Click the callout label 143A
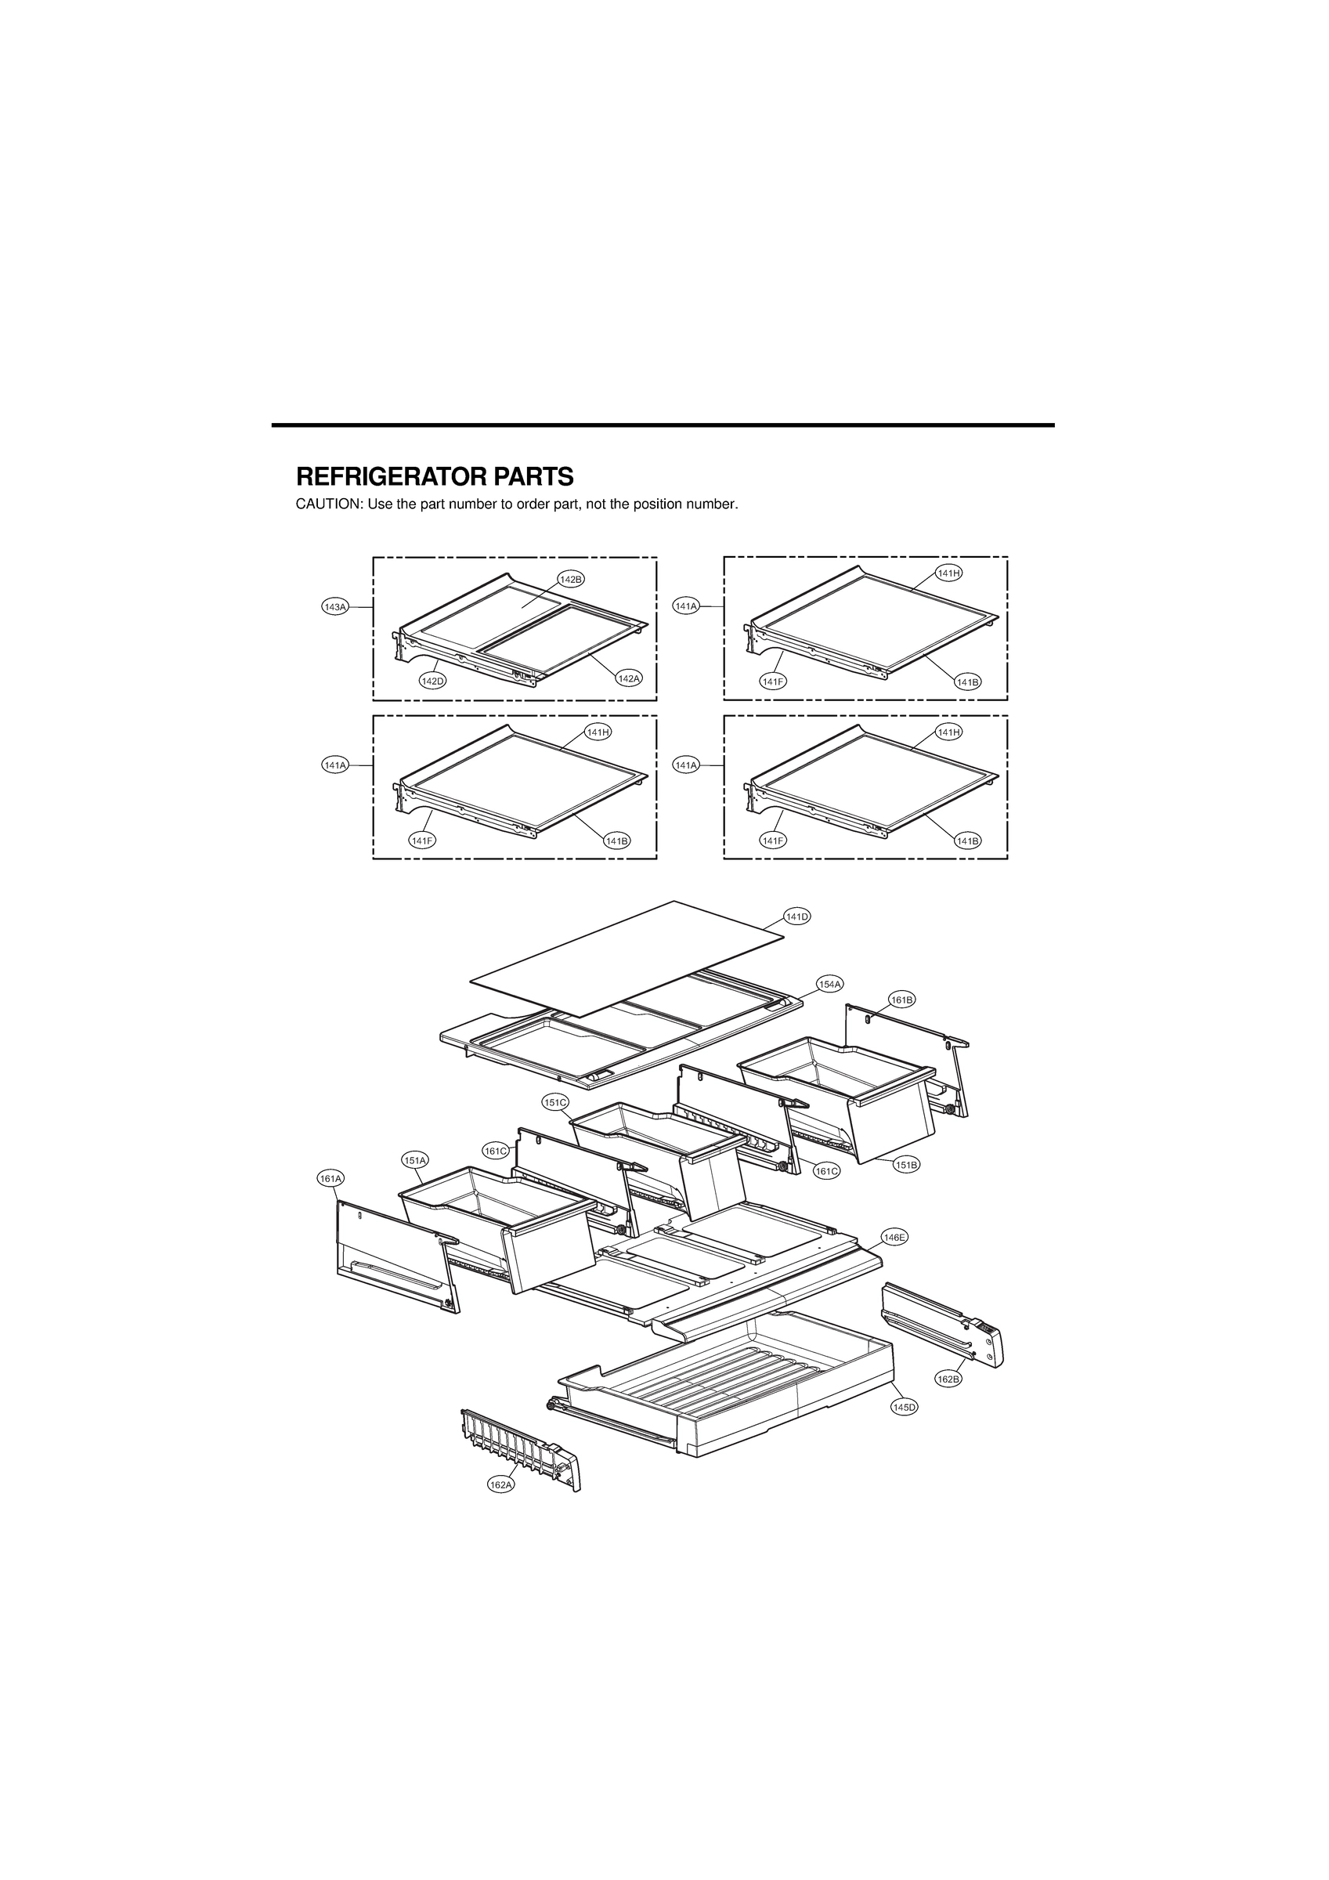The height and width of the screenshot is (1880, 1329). [x=335, y=607]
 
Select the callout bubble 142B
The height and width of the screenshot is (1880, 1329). [x=571, y=580]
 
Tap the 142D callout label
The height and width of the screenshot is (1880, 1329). [x=432, y=681]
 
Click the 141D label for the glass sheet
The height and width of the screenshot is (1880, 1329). [x=796, y=916]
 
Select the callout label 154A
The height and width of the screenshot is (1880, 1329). [x=829, y=984]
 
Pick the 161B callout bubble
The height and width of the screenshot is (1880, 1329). [x=901, y=999]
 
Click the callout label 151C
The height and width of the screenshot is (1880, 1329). [x=555, y=1102]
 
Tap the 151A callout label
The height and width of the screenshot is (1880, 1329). [x=414, y=1160]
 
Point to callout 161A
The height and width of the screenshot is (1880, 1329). [x=330, y=1178]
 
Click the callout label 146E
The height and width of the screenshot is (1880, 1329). [x=894, y=1260]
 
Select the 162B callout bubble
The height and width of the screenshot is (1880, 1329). [x=948, y=1379]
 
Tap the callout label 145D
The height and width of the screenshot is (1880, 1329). [x=904, y=1407]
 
